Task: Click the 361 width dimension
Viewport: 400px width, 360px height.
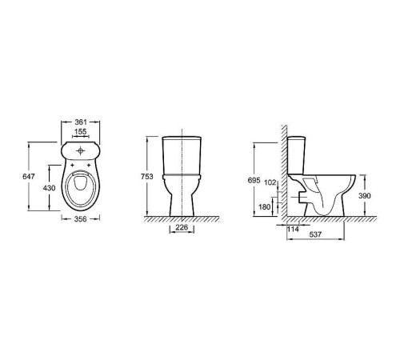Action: coord(81,122)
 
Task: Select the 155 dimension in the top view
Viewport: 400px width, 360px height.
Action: coord(81,131)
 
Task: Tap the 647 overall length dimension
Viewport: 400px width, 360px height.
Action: coord(29,177)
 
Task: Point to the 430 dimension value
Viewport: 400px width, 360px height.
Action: coord(50,188)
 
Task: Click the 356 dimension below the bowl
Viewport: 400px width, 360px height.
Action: coord(81,218)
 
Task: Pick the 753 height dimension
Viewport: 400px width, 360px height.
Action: coord(147,177)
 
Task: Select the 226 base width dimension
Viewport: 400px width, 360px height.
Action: coord(182,227)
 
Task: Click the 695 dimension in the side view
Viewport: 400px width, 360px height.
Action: coord(254,180)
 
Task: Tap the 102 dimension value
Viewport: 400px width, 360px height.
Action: coord(270,182)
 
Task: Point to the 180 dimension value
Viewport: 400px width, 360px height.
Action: coord(265,206)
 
